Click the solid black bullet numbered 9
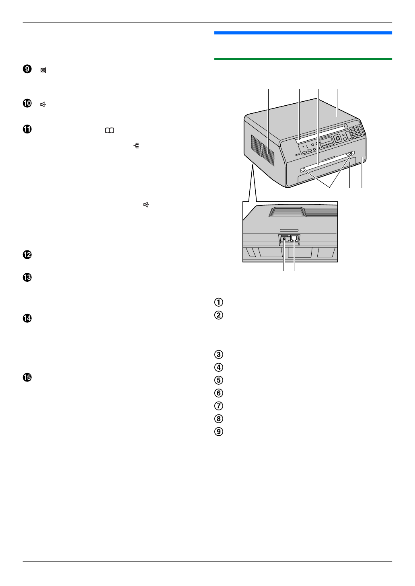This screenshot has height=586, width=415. pyautogui.click(x=27, y=69)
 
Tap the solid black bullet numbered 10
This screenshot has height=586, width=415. pyautogui.click(x=27, y=103)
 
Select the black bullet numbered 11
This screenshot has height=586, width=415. pyautogui.click(x=27, y=129)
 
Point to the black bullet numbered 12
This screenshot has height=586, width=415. pyautogui.click(x=27, y=255)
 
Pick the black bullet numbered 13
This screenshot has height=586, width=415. pyautogui.click(x=27, y=278)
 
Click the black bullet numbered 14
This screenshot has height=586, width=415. pyautogui.click(x=27, y=319)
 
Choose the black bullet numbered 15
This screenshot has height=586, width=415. pyautogui.click(x=27, y=378)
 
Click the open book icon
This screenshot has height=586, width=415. pyautogui.click(x=109, y=131)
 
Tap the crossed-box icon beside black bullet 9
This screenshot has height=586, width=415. pyautogui.click(x=43, y=70)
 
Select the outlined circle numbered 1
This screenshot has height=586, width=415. pyautogui.click(x=219, y=302)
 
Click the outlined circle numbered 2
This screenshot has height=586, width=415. pyautogui.click(x=219, y=315)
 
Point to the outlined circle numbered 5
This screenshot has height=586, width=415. pyautogui.click(x=219, y=380)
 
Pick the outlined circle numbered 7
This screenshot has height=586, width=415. pyautogui.click(x=219, y=406)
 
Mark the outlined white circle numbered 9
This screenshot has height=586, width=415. pyautogui.click(x=219, y=432)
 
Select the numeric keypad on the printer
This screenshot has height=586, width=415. pyautogui.click(x=356, y=131)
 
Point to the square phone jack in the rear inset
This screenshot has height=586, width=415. pyautogui.click(x=294, y=238)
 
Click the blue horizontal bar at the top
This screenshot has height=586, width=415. pyautogui.click(x=303, y=33)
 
